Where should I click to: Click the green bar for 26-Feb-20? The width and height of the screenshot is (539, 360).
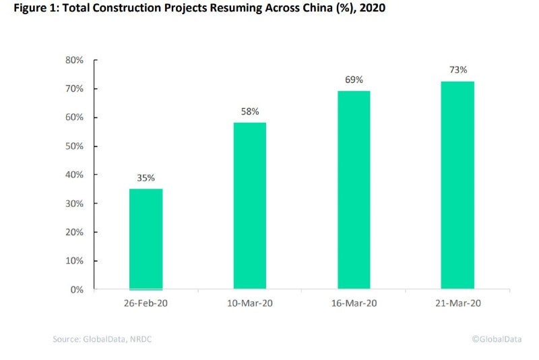(x=146, y=239)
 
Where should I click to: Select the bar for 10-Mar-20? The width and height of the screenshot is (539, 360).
(x=250, y=206)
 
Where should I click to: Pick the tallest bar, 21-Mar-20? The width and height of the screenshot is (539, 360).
(x=457, y=185)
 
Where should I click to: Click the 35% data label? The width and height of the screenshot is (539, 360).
(x=146, y=178)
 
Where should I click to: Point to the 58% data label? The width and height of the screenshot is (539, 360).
(x=250, y=112)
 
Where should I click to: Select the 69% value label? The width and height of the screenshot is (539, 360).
(x=354, y=80)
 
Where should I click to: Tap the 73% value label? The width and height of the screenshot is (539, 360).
(x=458, y=69)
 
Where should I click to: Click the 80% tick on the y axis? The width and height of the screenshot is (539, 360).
(x=74, y=60)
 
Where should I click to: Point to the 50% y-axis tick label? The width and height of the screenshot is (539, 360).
(x=74, y=146)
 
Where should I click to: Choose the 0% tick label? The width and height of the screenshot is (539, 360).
(x=77, y=289)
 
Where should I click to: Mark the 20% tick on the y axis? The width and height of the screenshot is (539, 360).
(x=74, y=232)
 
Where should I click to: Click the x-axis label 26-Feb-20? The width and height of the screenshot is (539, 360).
(x=146, y=303)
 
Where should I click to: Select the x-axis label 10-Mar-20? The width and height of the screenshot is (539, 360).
(x=250, y=303)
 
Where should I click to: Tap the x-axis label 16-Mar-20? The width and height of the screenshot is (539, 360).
(x=354, y=303)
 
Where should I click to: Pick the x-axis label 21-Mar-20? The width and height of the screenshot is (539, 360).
(x=457, y=303)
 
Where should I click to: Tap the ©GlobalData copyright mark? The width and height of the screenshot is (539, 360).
(x=497, y=339)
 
